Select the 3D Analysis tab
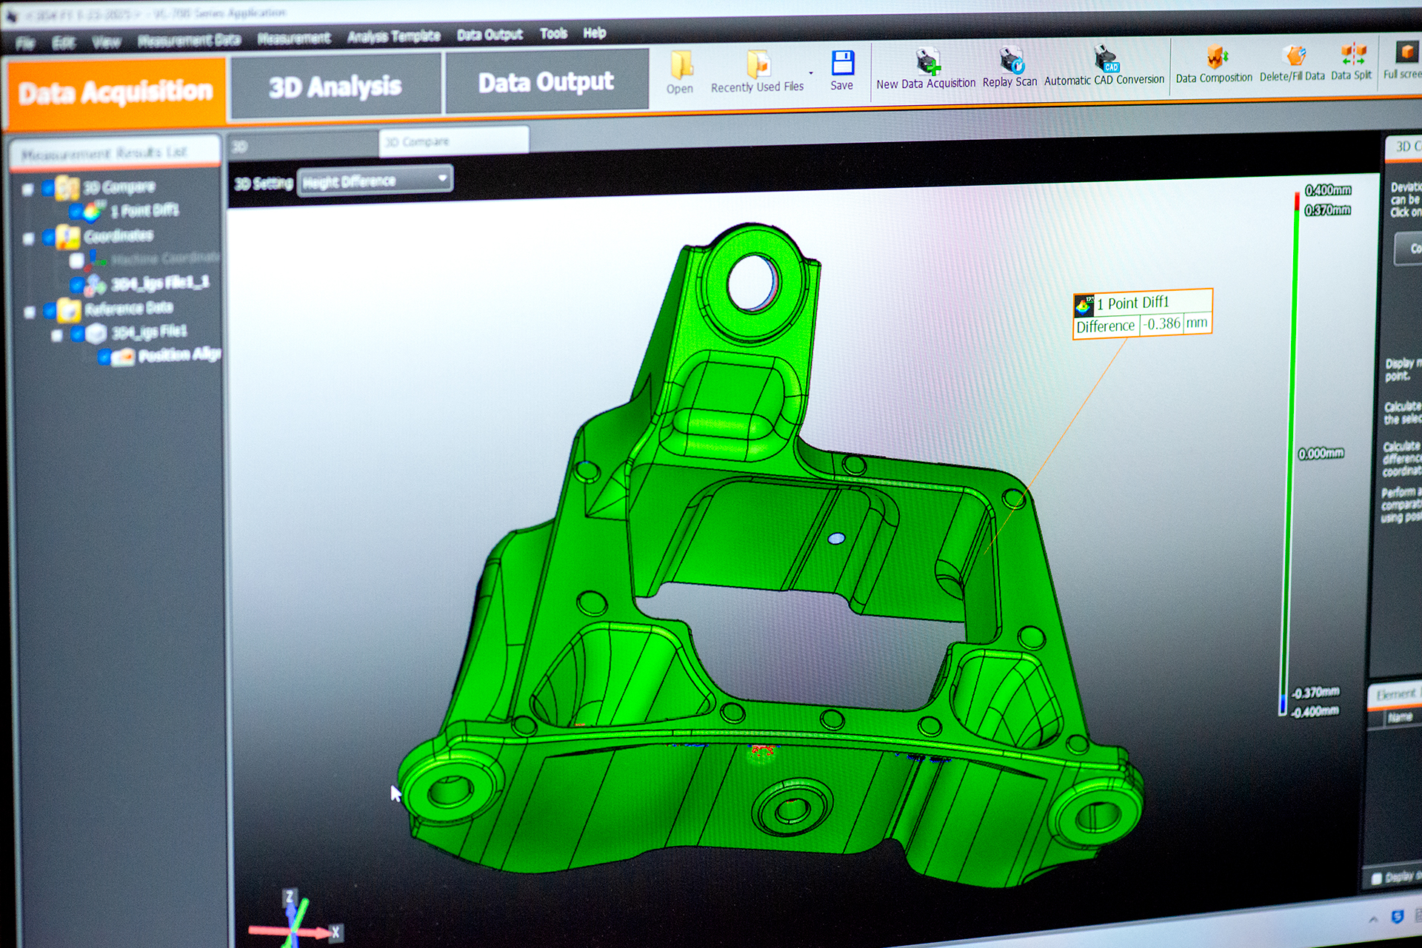(335, 87)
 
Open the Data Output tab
(546, 81)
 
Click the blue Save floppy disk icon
(842, 64)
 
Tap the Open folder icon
(680, 66)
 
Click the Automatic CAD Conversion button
(1104, 58)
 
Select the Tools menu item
(553, 33)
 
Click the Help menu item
(594, 33)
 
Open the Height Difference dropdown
(375, 180)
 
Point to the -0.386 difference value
(1161, 323)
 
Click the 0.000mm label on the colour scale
(1321, 453)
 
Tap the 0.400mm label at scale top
(1328, 190)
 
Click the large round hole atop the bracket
(752, 282)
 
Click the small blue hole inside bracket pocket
(836, 539)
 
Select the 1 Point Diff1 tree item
(144, 211)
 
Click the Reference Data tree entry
(128, 308)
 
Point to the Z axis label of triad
(289, 896)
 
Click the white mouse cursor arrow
(395, 793)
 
